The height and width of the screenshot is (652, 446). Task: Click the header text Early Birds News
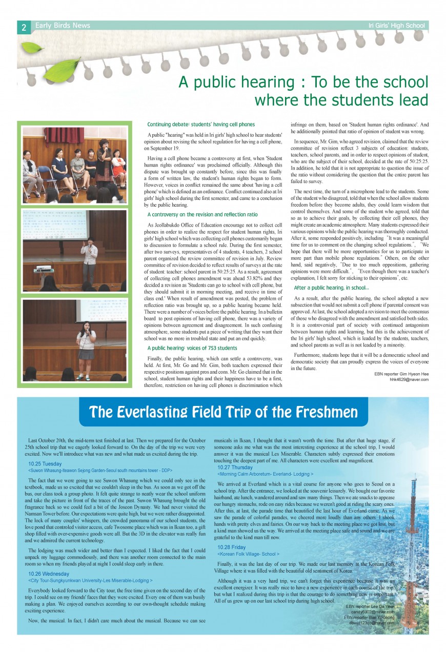63,26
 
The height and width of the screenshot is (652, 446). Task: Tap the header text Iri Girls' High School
396,26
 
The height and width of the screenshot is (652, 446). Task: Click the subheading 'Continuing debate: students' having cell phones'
200,125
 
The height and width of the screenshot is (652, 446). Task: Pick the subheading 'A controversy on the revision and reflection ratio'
202,215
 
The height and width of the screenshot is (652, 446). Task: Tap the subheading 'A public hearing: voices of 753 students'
192,349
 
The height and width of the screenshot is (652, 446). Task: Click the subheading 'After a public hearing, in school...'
331,288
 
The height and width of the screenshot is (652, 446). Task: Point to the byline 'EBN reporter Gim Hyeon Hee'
401,374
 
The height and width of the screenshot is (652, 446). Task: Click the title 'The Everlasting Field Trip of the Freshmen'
224,412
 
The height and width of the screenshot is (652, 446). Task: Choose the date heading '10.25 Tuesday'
45,464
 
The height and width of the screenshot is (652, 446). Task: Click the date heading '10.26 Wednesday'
48,574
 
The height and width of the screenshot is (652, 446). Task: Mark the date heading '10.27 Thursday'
235,467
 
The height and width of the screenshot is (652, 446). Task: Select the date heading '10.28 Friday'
232,547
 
